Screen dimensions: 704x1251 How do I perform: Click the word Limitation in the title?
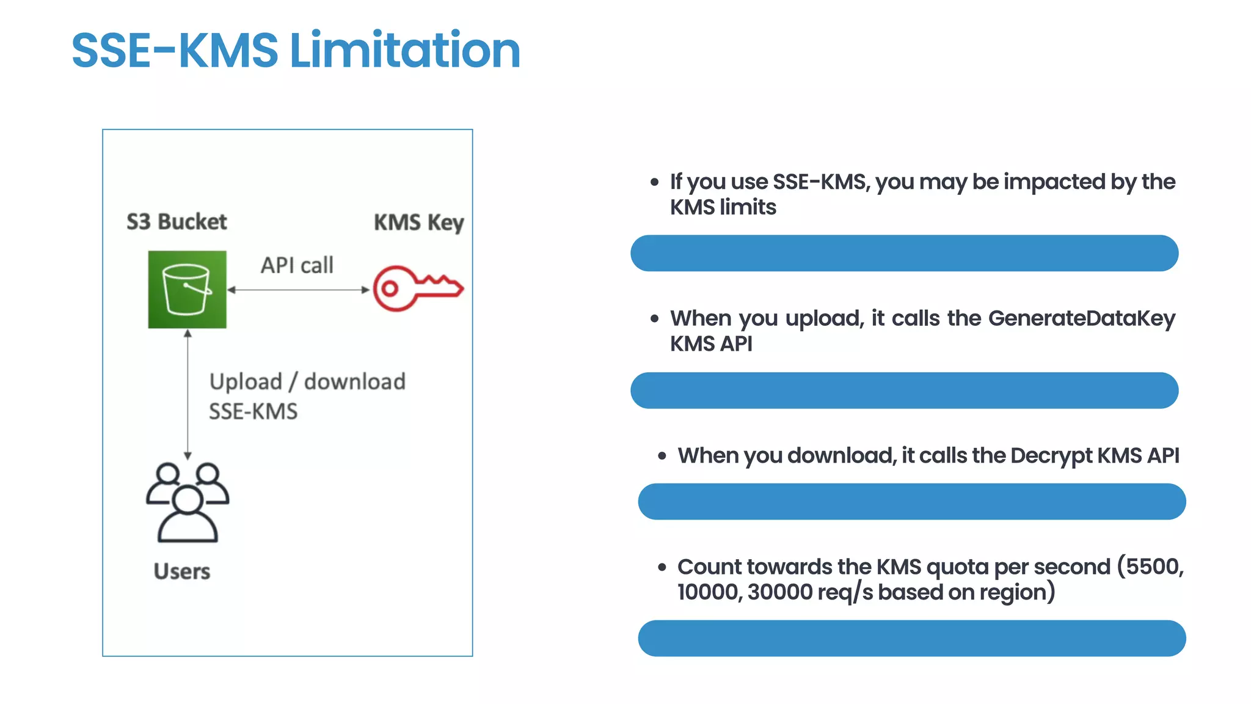(x=404, y=50)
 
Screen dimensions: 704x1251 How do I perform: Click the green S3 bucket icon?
(x=187, y=290)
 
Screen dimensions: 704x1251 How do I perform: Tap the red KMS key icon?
(x=418, y=288)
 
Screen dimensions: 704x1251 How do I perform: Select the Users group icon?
(x=188, y=502)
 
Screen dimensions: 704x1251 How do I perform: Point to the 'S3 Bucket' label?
(x=177, y=221)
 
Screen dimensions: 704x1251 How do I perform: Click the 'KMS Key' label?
(x=419, y=222)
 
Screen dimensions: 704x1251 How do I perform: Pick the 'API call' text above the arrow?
(x=297, y=265)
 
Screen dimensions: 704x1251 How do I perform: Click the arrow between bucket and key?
(x=298, y=290)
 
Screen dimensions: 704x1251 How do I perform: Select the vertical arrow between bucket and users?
(x=188, y=394)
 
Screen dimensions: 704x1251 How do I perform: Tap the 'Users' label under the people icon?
(x=182, y=571)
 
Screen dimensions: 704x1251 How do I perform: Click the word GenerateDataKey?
(x=1081, y=318)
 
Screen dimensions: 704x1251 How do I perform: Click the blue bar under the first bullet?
(x=904, y=253)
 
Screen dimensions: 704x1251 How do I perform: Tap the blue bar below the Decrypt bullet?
(x=911, y=502)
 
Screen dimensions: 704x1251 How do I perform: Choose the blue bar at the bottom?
(x=911, y=638)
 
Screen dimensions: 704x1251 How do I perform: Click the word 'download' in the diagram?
(x=354, y=382)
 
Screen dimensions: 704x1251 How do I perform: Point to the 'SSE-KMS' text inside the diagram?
(x=253, y=411)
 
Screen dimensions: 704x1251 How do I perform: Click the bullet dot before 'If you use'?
(x=655, y=182)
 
